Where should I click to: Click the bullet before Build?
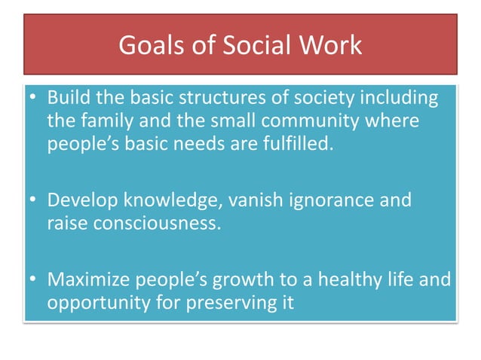34,98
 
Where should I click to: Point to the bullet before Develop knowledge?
34,201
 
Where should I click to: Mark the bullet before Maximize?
34,281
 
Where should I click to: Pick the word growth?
231,281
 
